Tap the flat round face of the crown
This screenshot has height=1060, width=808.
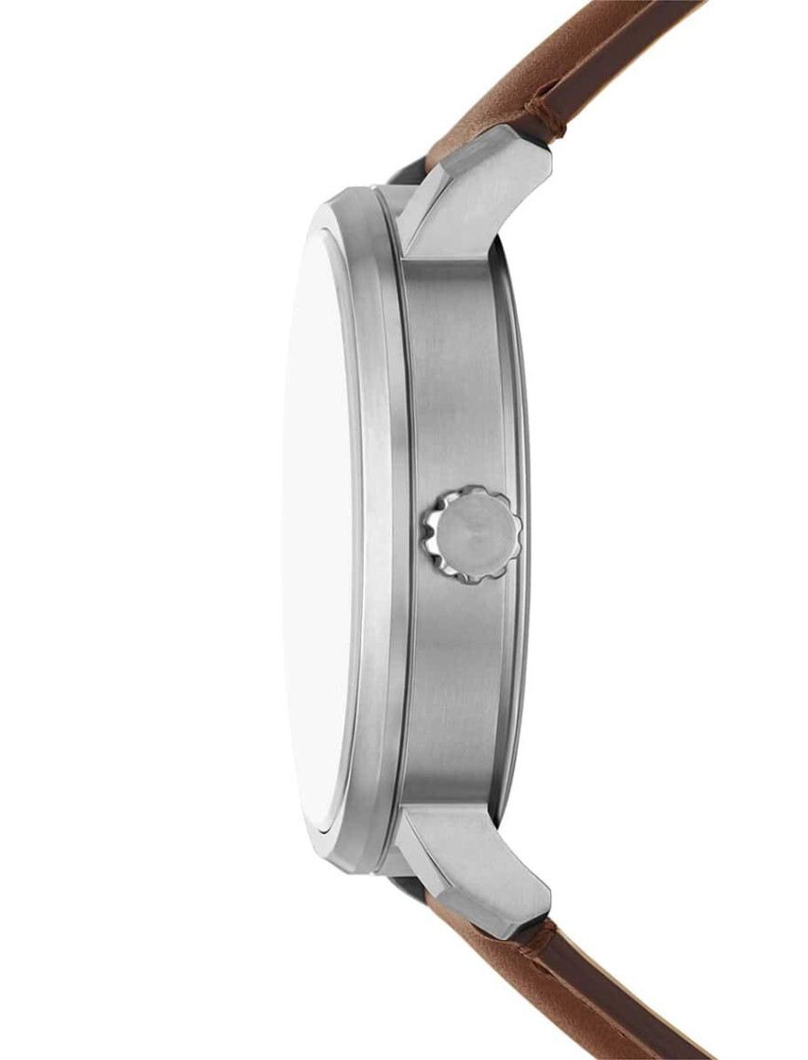[x=477, y=534]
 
